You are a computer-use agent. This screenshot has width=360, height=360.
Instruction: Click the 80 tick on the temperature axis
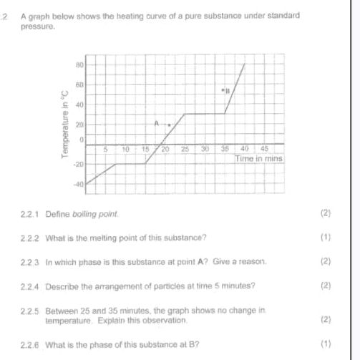coord(79,64)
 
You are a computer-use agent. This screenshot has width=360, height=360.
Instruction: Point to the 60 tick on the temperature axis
coord(79,85)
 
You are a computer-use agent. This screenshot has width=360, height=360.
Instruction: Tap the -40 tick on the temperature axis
coord(79,185)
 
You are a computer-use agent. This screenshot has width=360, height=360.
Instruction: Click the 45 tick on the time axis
coord(263,149)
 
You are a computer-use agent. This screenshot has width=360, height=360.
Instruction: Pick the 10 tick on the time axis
coord(125,149)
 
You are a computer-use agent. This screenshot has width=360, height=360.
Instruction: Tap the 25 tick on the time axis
coord(185,149)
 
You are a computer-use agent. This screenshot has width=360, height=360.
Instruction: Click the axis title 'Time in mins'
coord(260,157)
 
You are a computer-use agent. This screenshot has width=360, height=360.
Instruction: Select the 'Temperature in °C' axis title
coord(64,125)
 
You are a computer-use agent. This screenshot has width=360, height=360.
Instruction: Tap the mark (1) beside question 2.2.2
coord(327,238)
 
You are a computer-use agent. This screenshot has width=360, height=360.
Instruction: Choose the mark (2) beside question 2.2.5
coord(327,319)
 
